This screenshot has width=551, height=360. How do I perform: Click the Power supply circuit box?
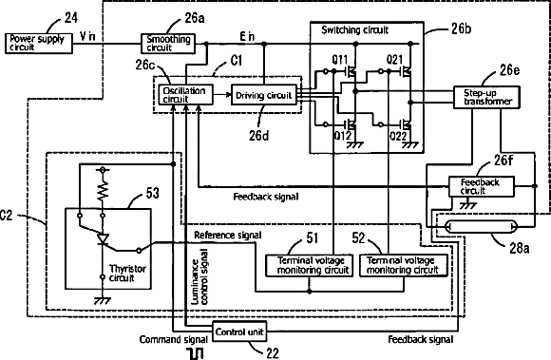coord(39,43)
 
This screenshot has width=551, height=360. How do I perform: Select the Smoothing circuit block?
coord(168,44)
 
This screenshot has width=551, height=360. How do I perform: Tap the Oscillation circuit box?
coord(185,94)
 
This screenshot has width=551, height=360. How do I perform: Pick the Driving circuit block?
coord(264,95)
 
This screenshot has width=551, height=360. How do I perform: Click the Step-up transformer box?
coord(486,97)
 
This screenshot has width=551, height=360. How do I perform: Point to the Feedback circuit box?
coord(482,186)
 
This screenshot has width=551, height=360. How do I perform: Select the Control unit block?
coord(239,332)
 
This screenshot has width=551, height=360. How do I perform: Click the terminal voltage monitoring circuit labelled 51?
coord(310,266)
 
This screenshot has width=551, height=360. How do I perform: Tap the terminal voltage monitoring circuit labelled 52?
coord(404,266)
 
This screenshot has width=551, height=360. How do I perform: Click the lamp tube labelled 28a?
coord(481,226)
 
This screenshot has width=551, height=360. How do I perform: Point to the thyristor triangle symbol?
coord(103,239)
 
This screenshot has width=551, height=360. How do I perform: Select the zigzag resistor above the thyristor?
coord(103,191)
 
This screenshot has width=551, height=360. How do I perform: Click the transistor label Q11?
coord(340,60)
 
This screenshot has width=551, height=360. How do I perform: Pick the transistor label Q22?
coord(398,136)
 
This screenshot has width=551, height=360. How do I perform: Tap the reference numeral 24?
coord(70,17)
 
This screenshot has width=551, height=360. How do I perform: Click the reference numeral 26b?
coord(461,28)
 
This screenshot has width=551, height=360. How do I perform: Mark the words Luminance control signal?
coord(199,277)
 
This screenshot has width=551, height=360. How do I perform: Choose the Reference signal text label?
coord(228,235)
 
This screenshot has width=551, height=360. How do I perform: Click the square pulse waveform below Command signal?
coord(196,353)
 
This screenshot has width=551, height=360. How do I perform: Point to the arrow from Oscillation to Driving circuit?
coord(222,94)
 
